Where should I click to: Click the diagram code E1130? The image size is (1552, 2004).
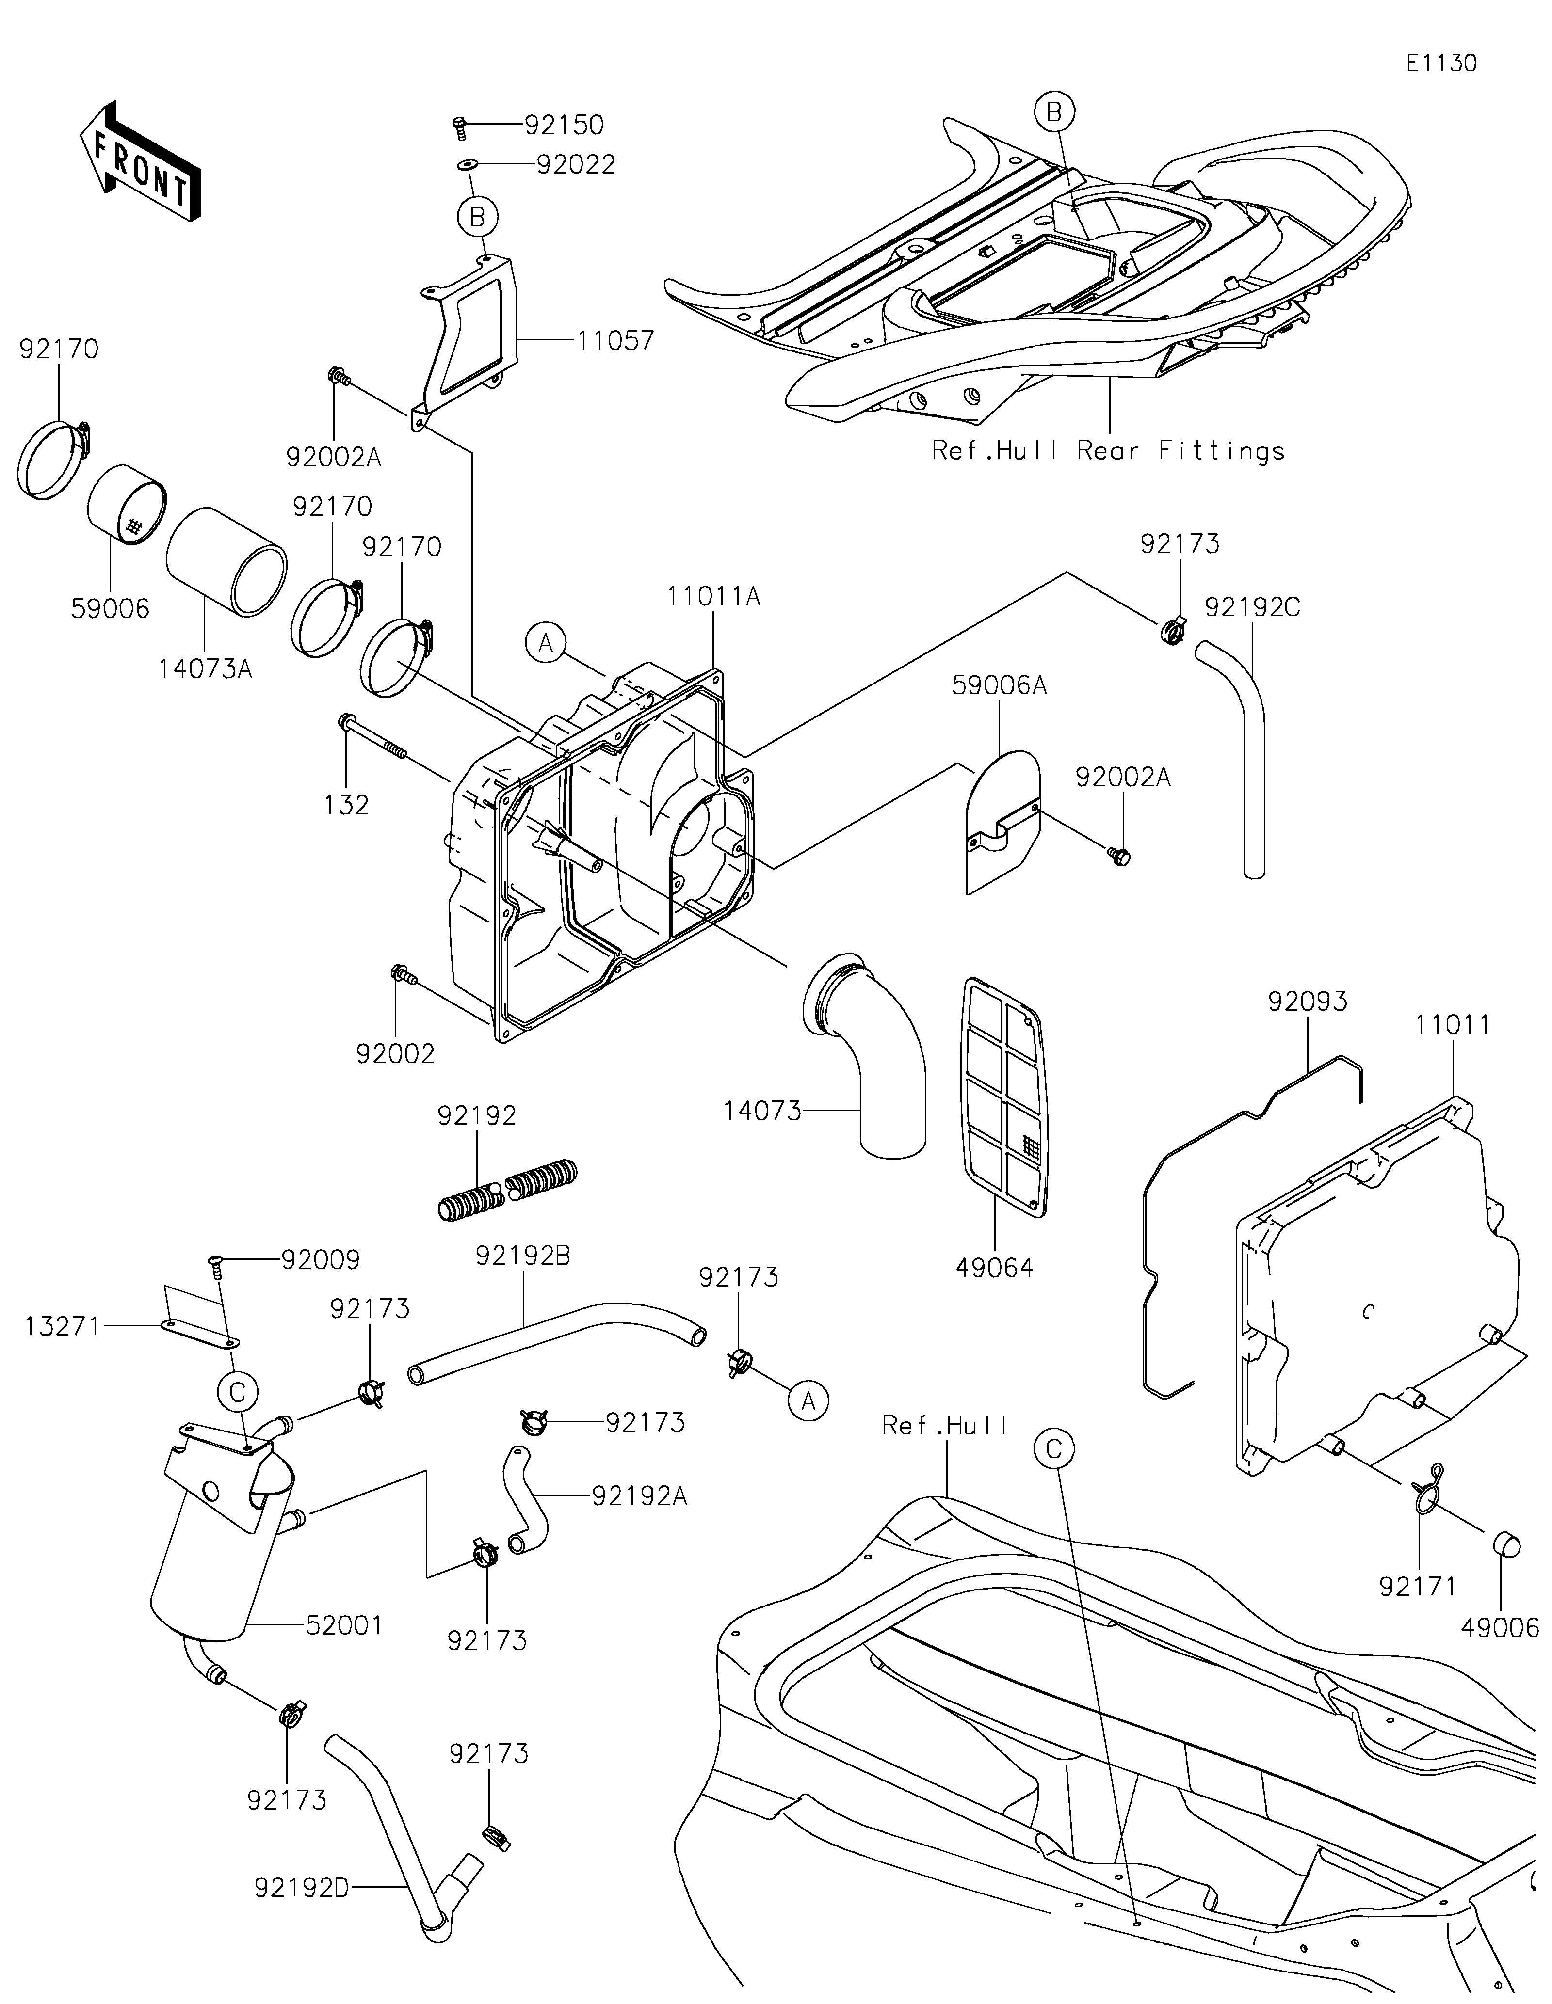[x=1441, y=64]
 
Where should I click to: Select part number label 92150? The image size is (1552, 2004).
[x=565, y=125]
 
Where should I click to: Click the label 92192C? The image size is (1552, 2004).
[x=1252, y=607]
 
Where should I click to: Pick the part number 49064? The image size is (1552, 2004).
[x=994, y=1268]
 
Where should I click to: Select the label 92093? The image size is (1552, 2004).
[x=1308, y=1001]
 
